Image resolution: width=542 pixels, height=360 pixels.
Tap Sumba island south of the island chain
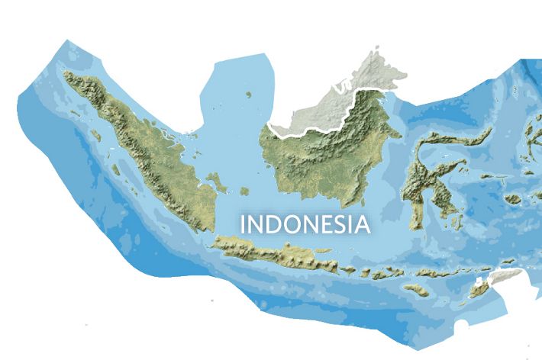tap(416, 290)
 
